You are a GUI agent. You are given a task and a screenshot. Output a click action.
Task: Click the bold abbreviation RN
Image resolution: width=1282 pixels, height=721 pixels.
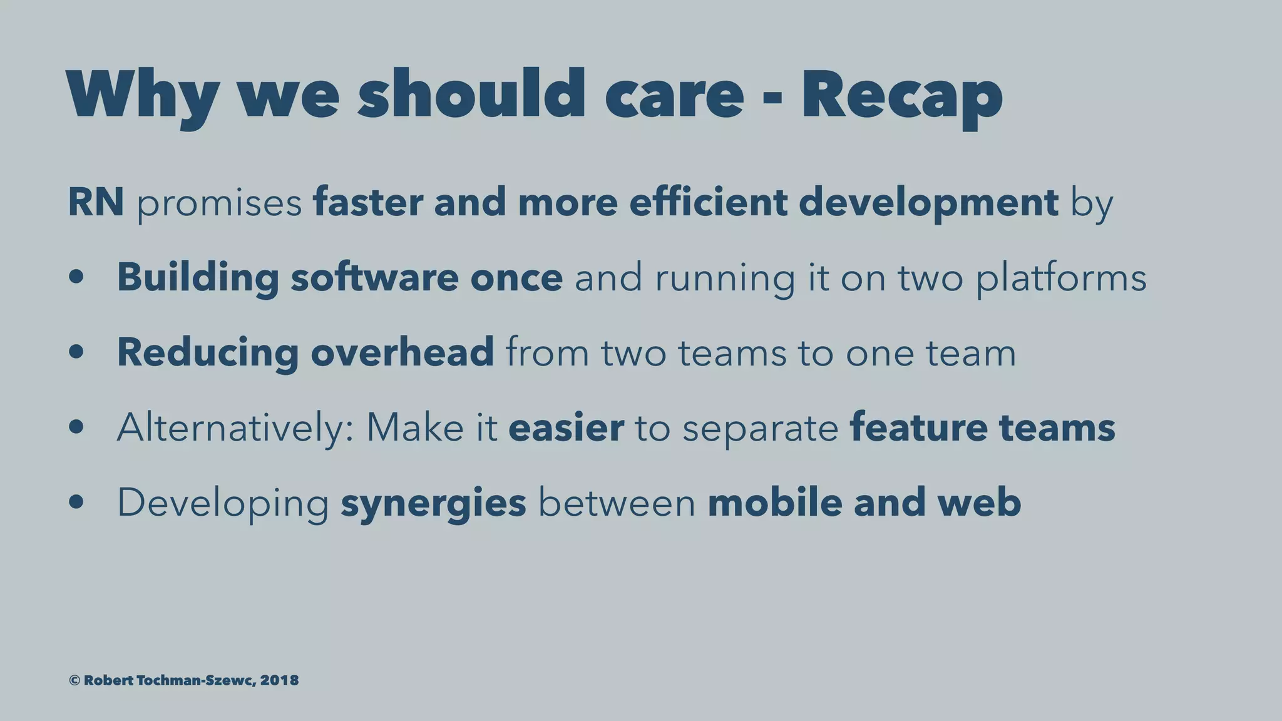click(96, 202)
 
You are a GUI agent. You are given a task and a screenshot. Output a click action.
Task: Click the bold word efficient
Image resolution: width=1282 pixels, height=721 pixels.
click(708, 202)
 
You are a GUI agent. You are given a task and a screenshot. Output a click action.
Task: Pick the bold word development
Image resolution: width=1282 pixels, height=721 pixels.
click(928, 203)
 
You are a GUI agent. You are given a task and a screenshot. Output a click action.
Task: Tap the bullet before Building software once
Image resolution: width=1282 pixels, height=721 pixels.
click(76, 277)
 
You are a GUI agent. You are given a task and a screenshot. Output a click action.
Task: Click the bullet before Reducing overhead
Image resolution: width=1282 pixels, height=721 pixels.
click(76, 352)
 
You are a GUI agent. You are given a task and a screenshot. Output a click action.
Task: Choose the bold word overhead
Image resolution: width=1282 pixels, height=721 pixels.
click(402, 352)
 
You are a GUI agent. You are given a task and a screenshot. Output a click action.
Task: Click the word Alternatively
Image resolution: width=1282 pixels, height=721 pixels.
click(235, 427)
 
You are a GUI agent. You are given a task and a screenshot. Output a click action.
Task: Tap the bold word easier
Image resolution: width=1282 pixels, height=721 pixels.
click(566, 427)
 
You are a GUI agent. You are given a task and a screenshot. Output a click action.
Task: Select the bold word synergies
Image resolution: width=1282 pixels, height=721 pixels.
click(433, 503)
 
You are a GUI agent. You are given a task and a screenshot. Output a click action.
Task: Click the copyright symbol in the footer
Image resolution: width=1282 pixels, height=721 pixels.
click(74, 680)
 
